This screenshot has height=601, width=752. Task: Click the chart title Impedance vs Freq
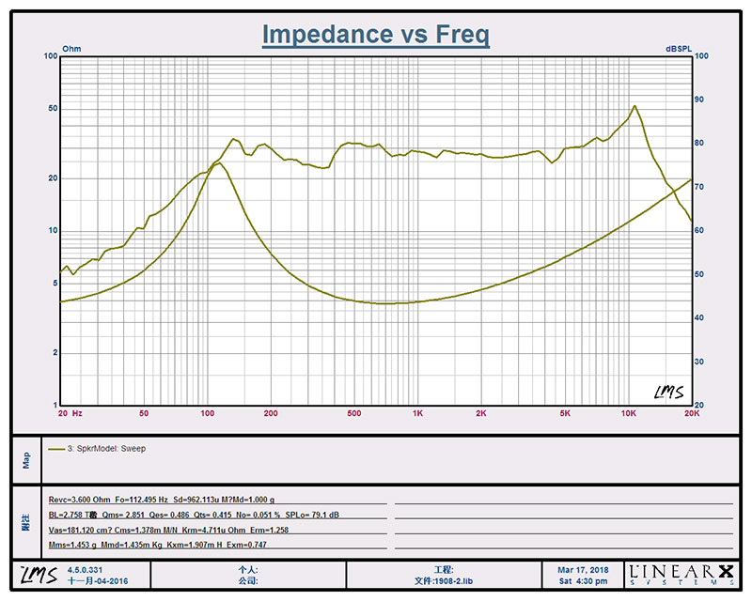[x=375, y=35]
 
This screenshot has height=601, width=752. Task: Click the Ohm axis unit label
[x=71, y=47]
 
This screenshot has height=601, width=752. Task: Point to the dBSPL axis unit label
[x=680, y=47]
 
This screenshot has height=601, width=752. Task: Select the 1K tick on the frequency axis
[x=417, y=413]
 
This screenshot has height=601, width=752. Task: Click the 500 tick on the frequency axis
[x=353, y=413]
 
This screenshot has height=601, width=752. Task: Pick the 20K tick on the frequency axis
[x=691, y=413]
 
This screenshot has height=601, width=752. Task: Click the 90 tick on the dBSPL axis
[x=700, y=100]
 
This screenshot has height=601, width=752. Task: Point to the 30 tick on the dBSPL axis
[x=700, y=362]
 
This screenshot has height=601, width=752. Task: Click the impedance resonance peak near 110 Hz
[x=216, y=163]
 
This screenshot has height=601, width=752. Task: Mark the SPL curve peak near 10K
[x=634, y=106]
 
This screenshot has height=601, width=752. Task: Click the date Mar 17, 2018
[x=582, y=569]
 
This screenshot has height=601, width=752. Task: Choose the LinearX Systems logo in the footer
[x=681, y=573]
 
